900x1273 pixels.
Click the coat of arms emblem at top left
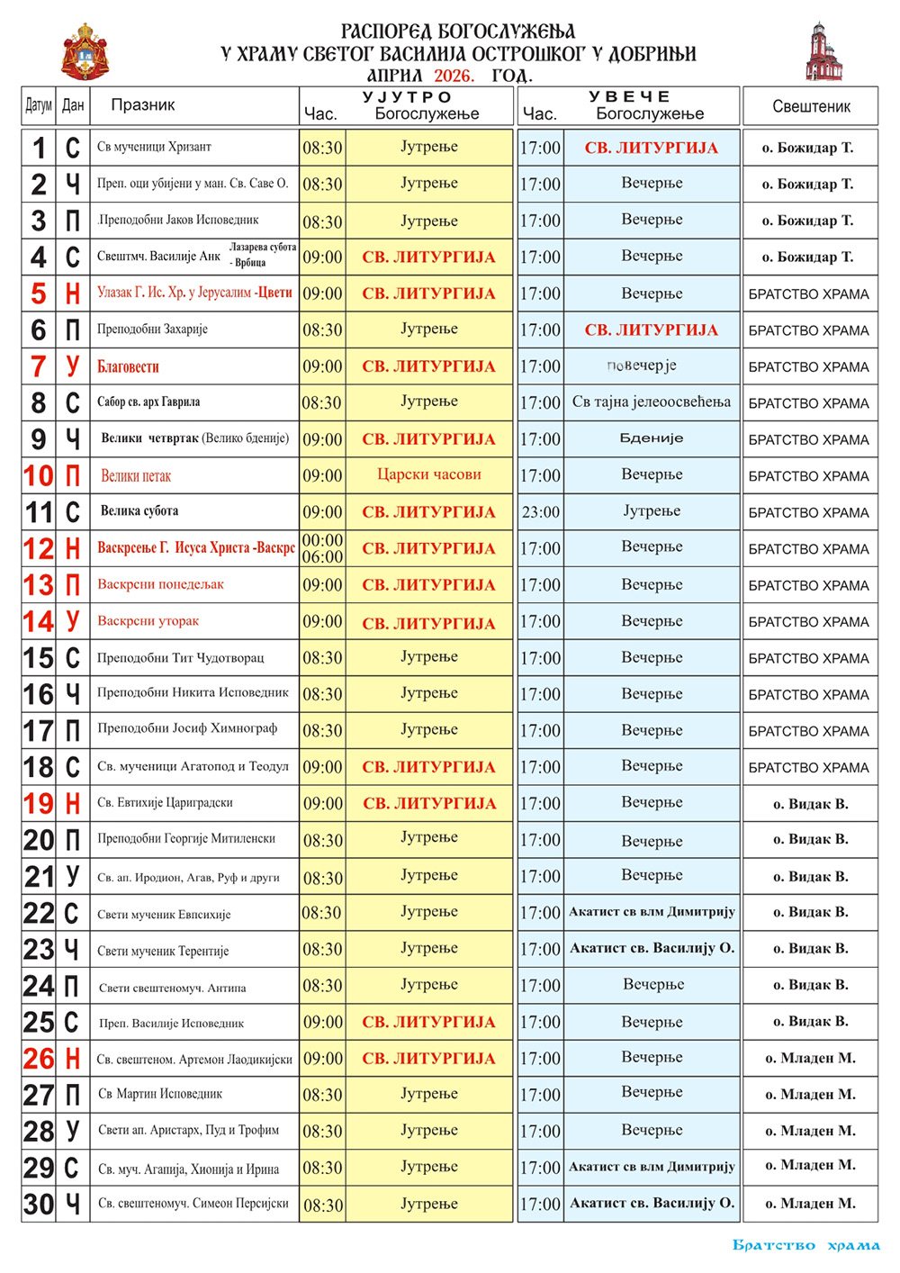click(85, 52)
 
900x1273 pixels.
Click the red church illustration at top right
click(823, 52)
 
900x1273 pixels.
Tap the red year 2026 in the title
click(454, 77)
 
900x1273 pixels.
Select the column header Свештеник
click(811, 106)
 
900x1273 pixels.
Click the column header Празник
click(143, 105)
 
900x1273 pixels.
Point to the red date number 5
click(39, 293)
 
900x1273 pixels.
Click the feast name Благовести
click(128, 366)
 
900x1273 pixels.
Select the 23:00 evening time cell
click(540, 512)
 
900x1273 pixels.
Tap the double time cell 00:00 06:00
click(322, 548)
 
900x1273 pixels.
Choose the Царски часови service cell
click(428, 474)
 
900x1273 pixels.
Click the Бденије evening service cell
click(652, 438)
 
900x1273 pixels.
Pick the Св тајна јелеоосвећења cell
click(652, 402)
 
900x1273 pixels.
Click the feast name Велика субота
click(139, 511)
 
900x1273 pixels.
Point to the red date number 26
click(39, 1059)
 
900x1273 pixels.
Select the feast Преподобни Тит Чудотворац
click(181, 657)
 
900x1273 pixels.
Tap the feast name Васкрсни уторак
click(148, 620)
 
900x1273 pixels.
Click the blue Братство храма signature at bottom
click(806, 1246)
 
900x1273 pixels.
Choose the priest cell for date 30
click(810, 1204)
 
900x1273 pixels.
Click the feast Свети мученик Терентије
click(163, 951)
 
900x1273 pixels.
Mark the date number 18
click(39, 767)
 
